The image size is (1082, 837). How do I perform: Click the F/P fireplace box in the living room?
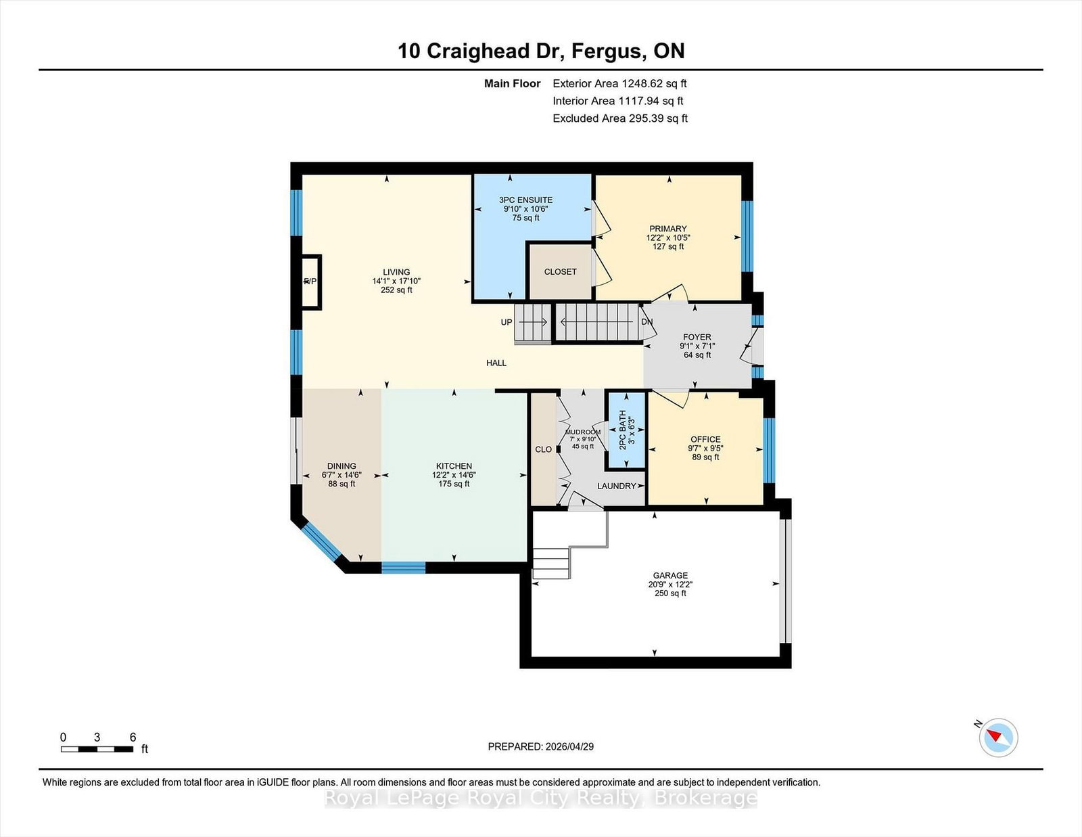312,282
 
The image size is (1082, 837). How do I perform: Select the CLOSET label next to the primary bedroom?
560,271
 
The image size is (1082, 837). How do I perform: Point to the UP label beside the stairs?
507,322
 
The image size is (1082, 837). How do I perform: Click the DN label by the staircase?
646,322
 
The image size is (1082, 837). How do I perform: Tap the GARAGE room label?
670,575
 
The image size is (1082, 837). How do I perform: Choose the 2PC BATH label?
622,430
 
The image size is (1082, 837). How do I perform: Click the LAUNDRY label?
617,486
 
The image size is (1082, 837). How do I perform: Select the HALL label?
496,363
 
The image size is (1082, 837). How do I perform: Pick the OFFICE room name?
705,439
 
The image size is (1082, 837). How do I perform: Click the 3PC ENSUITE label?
526,200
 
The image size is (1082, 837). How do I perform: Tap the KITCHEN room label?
454,466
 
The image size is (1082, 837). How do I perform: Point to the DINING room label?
342,466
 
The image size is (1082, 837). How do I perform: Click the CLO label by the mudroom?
543,449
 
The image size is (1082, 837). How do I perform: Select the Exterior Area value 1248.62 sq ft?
655,84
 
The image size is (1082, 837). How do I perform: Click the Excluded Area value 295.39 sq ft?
655,118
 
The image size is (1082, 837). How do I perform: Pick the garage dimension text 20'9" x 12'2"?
670,585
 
